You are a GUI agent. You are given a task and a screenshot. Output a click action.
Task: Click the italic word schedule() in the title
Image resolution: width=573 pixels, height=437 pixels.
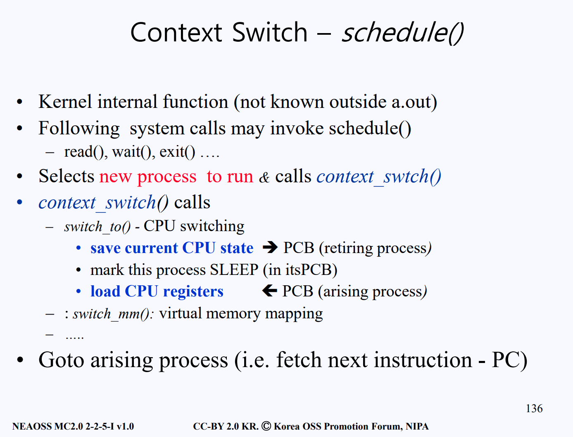tap(403, 33)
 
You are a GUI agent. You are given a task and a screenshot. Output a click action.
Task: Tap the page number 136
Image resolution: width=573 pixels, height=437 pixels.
tap(534, 408)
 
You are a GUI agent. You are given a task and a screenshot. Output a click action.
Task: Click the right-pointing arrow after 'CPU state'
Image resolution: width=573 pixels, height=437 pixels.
tap(270, 247)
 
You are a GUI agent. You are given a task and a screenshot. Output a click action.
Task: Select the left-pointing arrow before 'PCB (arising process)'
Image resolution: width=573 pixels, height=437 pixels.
tap(270, 291)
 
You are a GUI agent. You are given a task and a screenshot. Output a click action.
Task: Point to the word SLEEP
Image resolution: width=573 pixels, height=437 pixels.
tap(234, 270)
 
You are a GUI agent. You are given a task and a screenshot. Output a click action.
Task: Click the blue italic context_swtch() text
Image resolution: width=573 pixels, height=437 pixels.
tap(379, 177)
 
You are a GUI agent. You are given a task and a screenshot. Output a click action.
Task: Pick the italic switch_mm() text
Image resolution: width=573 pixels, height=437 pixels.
tap(113, 314)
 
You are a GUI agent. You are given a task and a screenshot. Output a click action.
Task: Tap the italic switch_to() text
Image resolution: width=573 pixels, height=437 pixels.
tap(97, 227)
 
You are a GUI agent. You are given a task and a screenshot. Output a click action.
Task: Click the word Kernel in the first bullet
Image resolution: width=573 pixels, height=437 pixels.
tap(65, 101)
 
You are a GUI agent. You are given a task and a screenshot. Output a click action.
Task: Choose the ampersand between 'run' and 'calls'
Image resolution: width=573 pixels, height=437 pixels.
tap(264, 177)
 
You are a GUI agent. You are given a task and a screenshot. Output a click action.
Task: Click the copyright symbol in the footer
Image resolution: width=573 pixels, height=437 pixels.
tap(266, 426)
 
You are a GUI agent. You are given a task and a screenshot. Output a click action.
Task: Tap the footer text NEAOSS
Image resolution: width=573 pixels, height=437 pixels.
tap(32, 426)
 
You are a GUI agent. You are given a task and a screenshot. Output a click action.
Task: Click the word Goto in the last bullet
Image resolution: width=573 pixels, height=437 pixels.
tap(62, 360)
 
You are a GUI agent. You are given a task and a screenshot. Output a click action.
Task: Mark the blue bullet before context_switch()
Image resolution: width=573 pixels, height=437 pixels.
tap(19, 202)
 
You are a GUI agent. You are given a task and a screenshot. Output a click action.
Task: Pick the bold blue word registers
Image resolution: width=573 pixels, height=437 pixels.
tap(193, 291)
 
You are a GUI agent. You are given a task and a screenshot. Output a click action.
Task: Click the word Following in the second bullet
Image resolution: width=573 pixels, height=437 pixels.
tap(79, 129)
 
